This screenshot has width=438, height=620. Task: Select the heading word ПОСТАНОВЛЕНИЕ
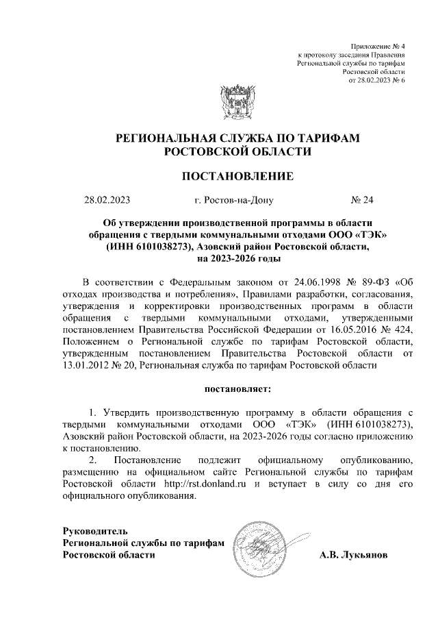237,176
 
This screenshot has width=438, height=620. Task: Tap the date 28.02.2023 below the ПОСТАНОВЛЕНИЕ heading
107,201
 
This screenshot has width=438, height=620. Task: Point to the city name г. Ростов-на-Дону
233,201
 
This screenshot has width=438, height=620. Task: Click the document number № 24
363,201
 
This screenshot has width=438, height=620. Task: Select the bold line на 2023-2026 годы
237,259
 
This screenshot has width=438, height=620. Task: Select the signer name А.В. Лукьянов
353,555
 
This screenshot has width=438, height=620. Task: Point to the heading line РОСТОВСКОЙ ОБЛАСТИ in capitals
237,151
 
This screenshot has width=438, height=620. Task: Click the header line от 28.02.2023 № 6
377,80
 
